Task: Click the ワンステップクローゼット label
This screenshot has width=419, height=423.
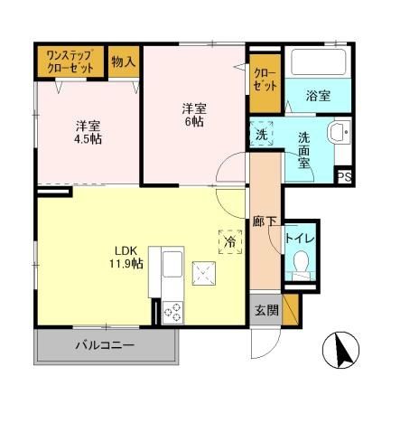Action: [70, 60]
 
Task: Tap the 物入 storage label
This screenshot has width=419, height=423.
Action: [125, 61]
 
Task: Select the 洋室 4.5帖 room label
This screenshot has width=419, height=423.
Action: [88, 133]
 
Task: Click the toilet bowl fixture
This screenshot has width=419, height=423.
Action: [302, 265]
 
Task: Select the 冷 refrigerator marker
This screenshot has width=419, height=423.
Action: [229, 242]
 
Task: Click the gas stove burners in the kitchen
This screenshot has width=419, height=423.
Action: [171, 310]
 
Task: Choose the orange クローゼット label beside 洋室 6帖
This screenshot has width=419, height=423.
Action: [265, 79]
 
